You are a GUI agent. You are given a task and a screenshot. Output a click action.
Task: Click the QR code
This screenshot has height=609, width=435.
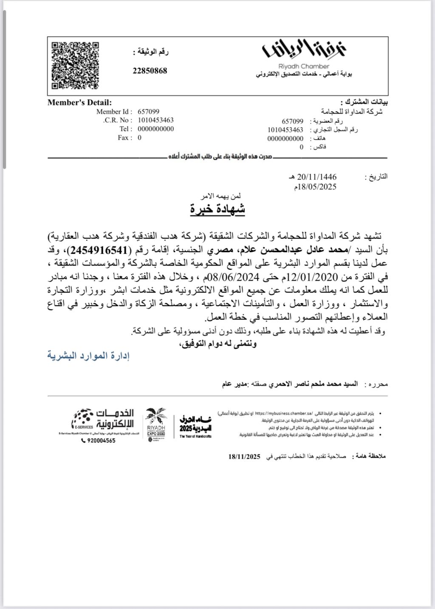75,65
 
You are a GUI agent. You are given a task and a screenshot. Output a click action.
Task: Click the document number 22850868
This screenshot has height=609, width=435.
150,71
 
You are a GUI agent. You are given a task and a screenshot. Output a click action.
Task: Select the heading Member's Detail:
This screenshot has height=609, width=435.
79,102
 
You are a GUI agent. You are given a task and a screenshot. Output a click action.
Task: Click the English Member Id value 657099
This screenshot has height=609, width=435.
149,112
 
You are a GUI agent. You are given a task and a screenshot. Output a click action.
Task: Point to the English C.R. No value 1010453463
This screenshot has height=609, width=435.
155,120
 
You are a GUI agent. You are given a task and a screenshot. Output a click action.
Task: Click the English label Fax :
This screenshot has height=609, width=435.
125,138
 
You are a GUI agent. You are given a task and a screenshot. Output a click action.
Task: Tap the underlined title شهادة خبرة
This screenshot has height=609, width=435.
217,209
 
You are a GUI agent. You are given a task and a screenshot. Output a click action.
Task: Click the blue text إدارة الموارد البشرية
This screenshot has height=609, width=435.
88,356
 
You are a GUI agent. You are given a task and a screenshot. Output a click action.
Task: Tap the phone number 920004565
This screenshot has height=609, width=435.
98,440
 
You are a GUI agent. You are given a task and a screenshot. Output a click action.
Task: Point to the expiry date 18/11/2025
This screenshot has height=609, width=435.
244,457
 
